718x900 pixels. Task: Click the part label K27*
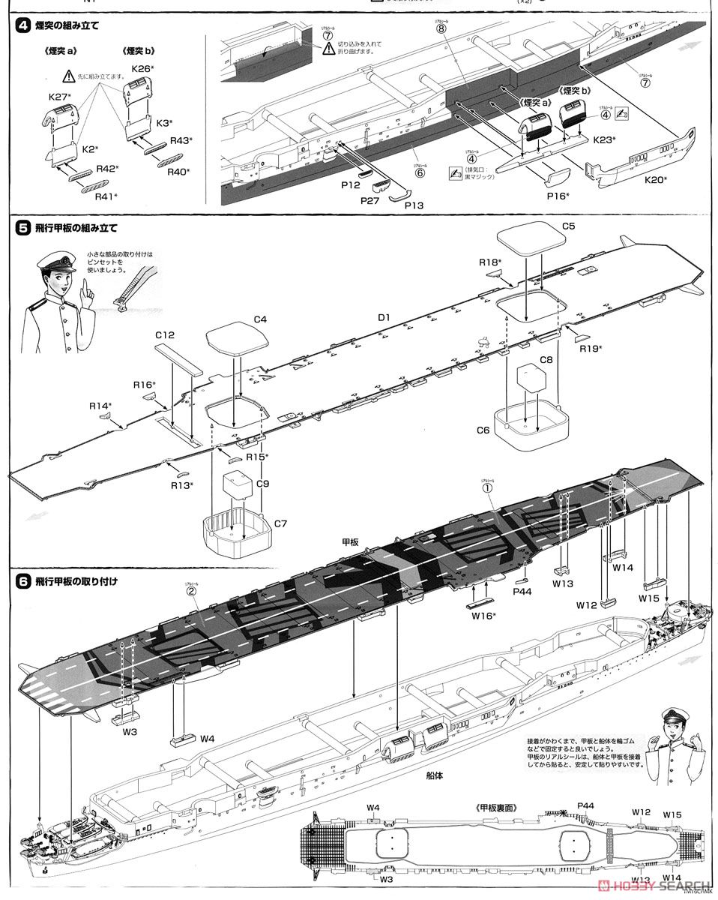tap(59, 97)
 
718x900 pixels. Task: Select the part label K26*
tap(142, 69)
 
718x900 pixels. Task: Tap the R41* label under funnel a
tap(105, 196)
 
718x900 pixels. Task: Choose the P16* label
tap(557, 196)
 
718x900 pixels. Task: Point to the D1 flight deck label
tap(384, 318)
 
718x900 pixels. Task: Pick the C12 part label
tap(165, 334)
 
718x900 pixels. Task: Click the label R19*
tap(591, 349)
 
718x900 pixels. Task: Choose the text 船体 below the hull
tap(433, 775)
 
